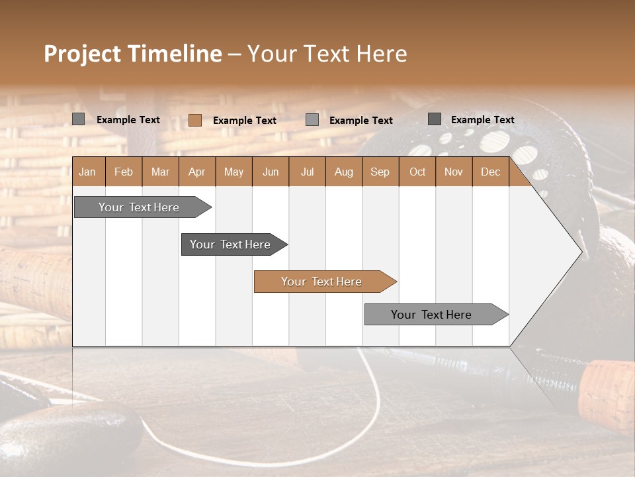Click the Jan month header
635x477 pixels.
click(x=87, y=172)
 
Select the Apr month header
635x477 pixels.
click(x=197, y=172)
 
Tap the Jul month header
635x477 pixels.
click(x=307, y=172)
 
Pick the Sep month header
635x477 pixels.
click(x=380, y=172)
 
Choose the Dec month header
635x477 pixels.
click(x=490, y=172)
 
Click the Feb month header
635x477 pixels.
click(x=124, y=172)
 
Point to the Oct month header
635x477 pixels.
click(x=417, y=172)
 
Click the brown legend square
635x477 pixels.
click(x=195, y=120)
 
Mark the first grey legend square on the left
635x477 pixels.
click(x=79, y=119)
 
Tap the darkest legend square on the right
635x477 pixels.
click(x=435, y=119)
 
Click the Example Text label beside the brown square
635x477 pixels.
click(x=245, y=121)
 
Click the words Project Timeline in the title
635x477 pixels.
click(x=132, y=54)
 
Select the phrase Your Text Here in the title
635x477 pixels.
click(x=327, y=54)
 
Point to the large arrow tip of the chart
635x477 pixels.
click(x=569, y=251)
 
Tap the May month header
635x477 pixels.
click(x=233, y=172)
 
